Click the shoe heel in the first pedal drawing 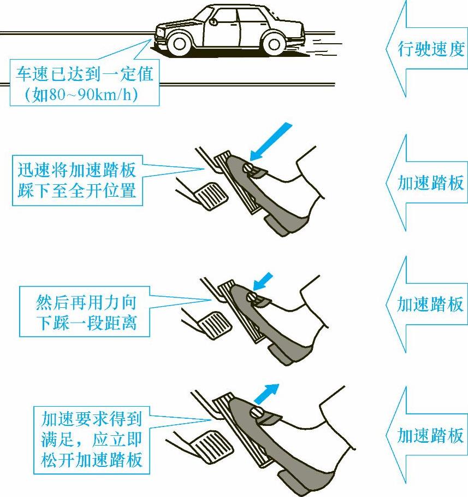tap(276, 224)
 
